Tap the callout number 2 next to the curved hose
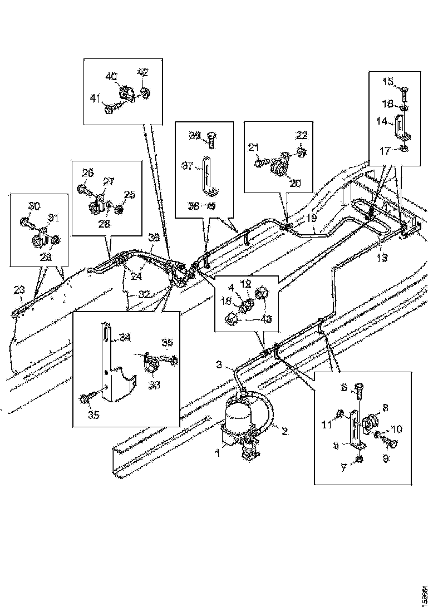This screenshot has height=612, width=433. tap(284, 431)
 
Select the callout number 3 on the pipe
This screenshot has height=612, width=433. tap(220, 365)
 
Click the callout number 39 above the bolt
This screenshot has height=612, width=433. tap(194, 135)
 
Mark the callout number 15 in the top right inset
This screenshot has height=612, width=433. tap(387, 82)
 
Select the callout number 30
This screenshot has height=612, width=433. tap(35, 206)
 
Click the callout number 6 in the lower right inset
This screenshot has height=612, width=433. tap(344, 387)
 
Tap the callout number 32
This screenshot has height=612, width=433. tap(144, 295)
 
